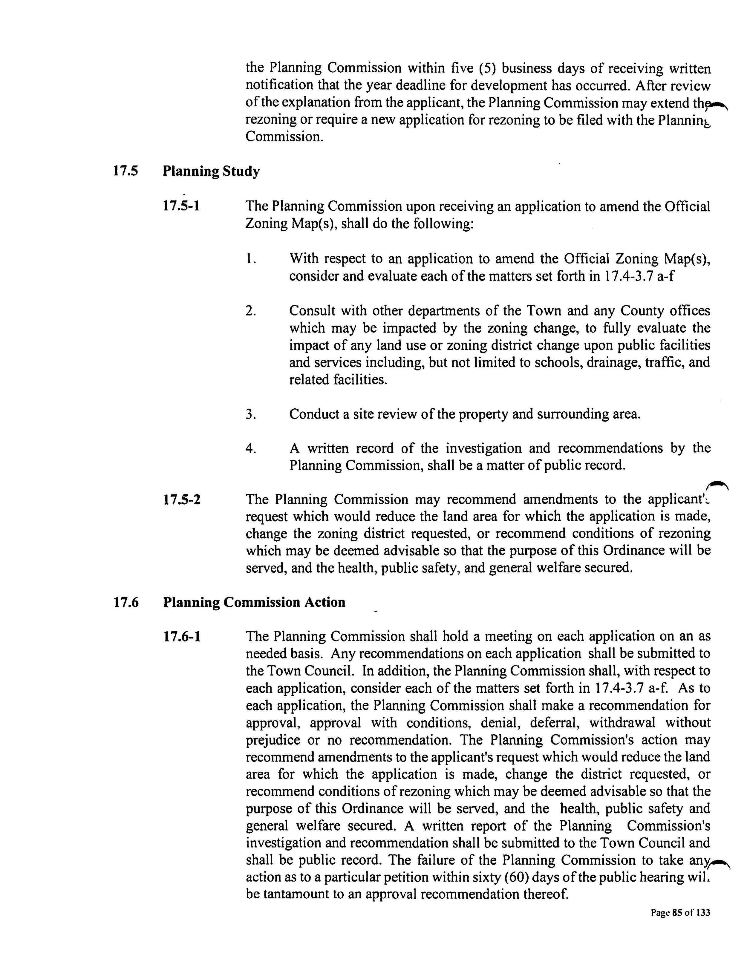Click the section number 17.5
pos(125,171)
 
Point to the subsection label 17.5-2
pos(181,500)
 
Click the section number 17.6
pos(126,603)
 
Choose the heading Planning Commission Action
pos(254,603)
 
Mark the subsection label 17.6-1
pos(181,637)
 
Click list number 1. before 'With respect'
pos(250,259)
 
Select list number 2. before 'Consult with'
pos(250,310)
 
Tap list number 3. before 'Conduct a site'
pos(250,414)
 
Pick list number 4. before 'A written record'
pos(250,449)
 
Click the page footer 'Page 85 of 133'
pos(680,913)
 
